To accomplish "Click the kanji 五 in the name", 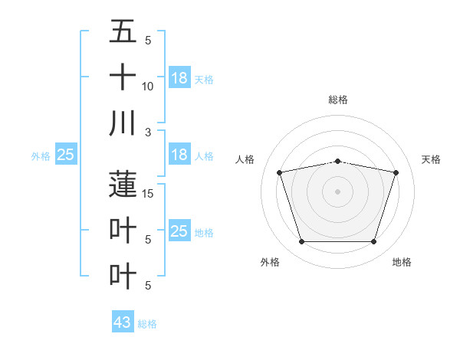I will coord(123,31).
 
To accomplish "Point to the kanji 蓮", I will coord(123,184).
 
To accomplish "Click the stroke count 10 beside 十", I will coord(148,87).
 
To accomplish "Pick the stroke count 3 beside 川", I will coord(148,133).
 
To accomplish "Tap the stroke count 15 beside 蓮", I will coord(148,194).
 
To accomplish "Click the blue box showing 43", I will coord(123,322).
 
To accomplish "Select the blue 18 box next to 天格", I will coord(179,77).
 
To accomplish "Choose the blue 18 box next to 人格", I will coord(179,155).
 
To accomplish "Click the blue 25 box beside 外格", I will coord(65,155).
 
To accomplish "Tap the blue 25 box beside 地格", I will coord(179,231).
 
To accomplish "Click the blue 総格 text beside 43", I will coord(147,324).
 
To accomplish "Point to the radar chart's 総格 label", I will coord(337,100).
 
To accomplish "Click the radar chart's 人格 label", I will coord(246,159).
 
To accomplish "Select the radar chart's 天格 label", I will coord(431,159).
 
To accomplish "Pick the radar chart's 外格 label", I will coord(270,262).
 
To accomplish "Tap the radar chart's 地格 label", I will coord(402,262).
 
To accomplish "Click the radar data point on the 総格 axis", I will coord(337,161).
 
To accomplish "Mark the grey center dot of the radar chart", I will coord(337,191).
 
